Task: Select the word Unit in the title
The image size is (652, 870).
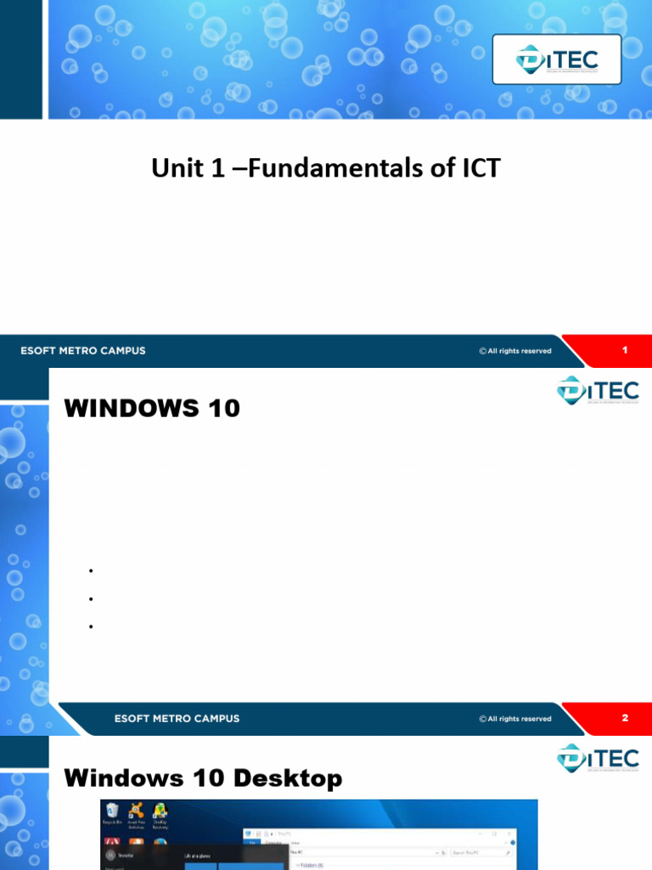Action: [x=174, y=168]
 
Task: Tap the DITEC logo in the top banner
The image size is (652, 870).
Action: [x=557, y=59]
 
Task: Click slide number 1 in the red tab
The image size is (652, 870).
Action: [x=625, y=350]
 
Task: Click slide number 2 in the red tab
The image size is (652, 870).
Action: [x=625, y=718]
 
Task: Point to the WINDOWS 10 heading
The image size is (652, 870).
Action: [x=153, y=409]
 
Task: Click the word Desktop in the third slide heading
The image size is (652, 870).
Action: [x=289, y=777]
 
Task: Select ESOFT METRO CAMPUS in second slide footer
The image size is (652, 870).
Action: [x=177, y=719]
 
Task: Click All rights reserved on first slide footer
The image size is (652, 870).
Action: [x=515, y=351]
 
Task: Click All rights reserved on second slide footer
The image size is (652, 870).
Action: [x=515, y=719]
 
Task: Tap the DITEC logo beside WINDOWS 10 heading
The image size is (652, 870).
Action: [x=598, y=391]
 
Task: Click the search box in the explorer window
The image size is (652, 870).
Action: [x=481, y=851]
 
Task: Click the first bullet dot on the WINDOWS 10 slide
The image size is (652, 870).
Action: [x=89, y=571]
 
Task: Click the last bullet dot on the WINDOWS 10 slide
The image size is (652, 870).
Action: [x=89, y=627]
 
